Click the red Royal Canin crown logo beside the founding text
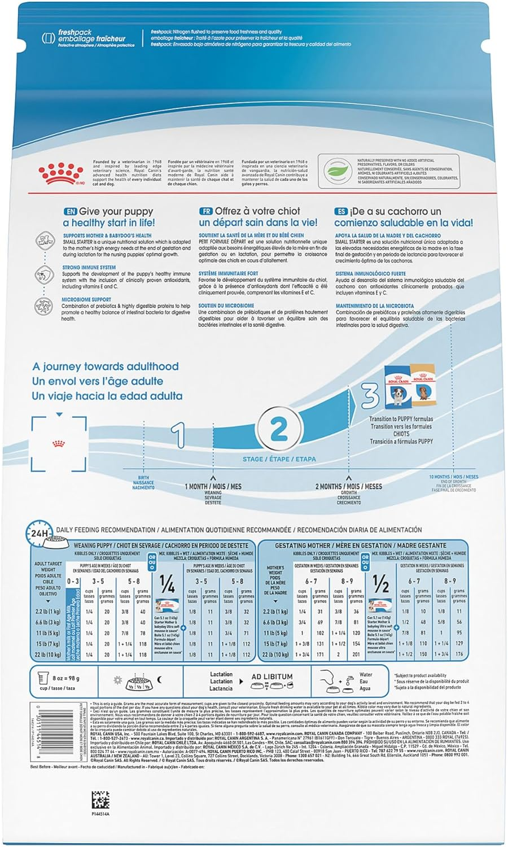[60, 173]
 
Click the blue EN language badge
[70, 211]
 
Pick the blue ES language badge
[341, 211]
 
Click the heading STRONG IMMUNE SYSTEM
[89, 268]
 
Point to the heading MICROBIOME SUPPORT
[86, 300]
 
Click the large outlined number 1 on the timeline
[178, 435]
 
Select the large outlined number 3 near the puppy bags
[370, 395]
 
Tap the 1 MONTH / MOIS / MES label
[213, 486]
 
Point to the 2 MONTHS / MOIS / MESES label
[348, 486]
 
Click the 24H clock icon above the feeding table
[40, 532]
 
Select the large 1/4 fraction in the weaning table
[167, 584]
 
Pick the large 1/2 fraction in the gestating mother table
[380, 584]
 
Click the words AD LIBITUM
[272, 676]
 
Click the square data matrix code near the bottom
[100, 800]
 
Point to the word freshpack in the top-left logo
[71, 33]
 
